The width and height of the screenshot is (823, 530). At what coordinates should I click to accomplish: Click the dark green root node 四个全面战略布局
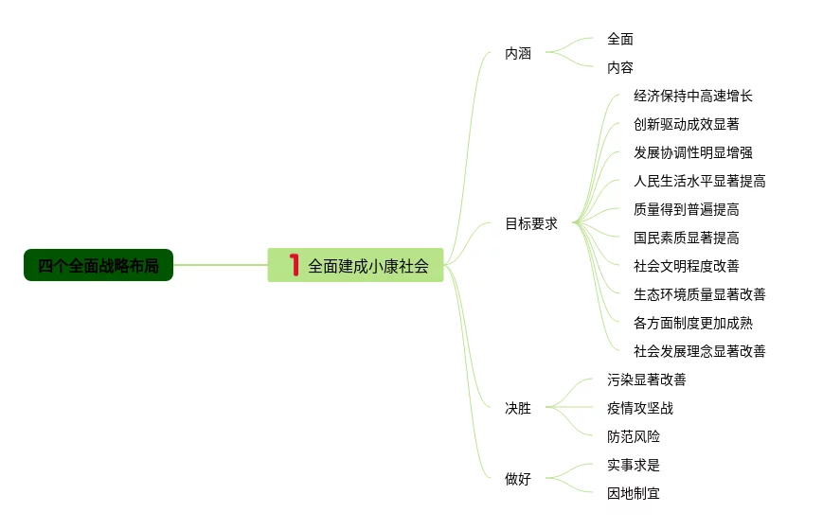click(x=98, y=266)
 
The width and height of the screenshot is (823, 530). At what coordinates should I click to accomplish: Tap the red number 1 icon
click(x=294, y=265)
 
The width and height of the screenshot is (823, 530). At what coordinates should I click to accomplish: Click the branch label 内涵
click(x=518, y=54)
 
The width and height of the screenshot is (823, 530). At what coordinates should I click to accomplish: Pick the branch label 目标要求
click(x=531, y=224)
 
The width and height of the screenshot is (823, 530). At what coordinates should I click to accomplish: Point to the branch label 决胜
click(x=518, y=409)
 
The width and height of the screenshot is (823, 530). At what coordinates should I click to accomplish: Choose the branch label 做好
click(x=518, y=479)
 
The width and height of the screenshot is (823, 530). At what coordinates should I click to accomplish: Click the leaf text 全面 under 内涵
click(x=620, y=40)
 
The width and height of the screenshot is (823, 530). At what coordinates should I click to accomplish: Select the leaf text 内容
click(x=620, y=68)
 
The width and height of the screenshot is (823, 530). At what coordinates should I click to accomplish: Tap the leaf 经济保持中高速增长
click(x=693, y=97)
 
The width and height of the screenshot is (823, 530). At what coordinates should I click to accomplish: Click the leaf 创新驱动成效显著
click(x=687, y=125)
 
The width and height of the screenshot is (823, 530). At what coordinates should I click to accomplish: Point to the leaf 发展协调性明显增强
click(x=693, y=153)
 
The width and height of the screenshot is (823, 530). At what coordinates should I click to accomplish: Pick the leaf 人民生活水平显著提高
click(x=700, y=182)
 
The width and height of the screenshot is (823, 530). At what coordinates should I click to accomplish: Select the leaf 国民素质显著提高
click(x=687, y=238)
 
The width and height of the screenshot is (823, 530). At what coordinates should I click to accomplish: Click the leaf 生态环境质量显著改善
click(x=700, y=294)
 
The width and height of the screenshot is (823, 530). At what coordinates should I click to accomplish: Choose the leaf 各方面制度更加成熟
click(x=693, y=323)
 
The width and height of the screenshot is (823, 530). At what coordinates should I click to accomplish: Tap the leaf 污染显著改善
click(x=647, y=380)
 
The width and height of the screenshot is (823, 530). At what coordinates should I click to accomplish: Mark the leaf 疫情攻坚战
click(x=640, y=409)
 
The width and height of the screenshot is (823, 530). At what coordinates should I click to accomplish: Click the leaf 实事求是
click(x=634, y=466)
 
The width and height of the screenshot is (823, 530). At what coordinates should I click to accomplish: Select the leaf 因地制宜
click(x=634, y=494)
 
